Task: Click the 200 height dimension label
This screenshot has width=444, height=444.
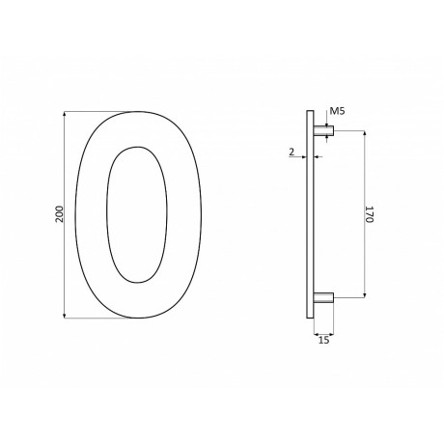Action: [59, 214]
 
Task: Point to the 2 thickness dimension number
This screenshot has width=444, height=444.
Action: [290, 152]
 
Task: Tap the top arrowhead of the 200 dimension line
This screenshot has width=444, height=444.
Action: [66, 115]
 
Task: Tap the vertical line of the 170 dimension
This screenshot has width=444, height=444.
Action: [364, 251]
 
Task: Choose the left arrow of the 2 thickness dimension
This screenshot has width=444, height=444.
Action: [303, 155]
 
